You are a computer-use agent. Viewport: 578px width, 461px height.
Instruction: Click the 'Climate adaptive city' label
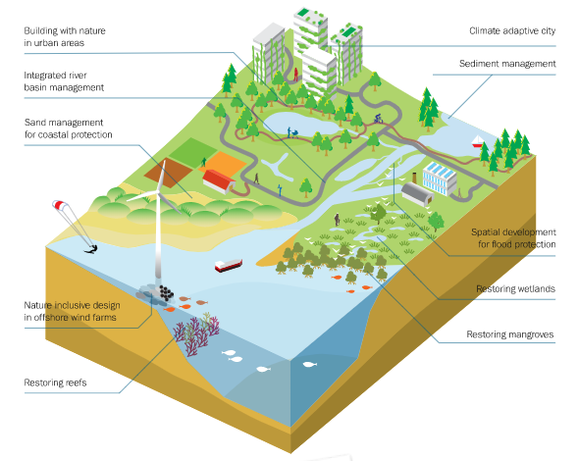512,31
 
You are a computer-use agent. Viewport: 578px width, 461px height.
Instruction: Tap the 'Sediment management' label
507,64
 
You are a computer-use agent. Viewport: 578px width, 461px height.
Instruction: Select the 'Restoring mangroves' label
510,334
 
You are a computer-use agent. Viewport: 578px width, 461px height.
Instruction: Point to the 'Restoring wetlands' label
515,288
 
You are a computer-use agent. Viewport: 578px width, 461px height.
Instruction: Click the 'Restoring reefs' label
55,383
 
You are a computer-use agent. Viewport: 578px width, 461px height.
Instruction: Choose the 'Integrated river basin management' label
64,81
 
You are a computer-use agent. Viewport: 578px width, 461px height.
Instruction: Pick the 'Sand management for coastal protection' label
68,128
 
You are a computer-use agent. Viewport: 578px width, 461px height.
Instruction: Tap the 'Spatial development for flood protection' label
513,238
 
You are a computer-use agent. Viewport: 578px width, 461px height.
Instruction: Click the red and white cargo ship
229,265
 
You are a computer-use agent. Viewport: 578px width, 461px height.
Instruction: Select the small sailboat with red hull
478,141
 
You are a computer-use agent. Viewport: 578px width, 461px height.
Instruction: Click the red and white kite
59,205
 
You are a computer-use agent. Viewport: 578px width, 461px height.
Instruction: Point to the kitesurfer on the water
92,250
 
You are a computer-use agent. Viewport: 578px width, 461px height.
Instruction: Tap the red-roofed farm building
219,180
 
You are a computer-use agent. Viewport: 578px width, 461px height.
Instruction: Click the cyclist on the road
378,119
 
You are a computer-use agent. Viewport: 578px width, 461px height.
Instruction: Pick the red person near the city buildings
295,75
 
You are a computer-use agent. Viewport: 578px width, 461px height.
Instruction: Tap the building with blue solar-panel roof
440,179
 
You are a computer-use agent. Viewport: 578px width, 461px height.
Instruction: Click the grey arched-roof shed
417,193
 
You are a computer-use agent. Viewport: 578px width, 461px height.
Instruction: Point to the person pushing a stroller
292,132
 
